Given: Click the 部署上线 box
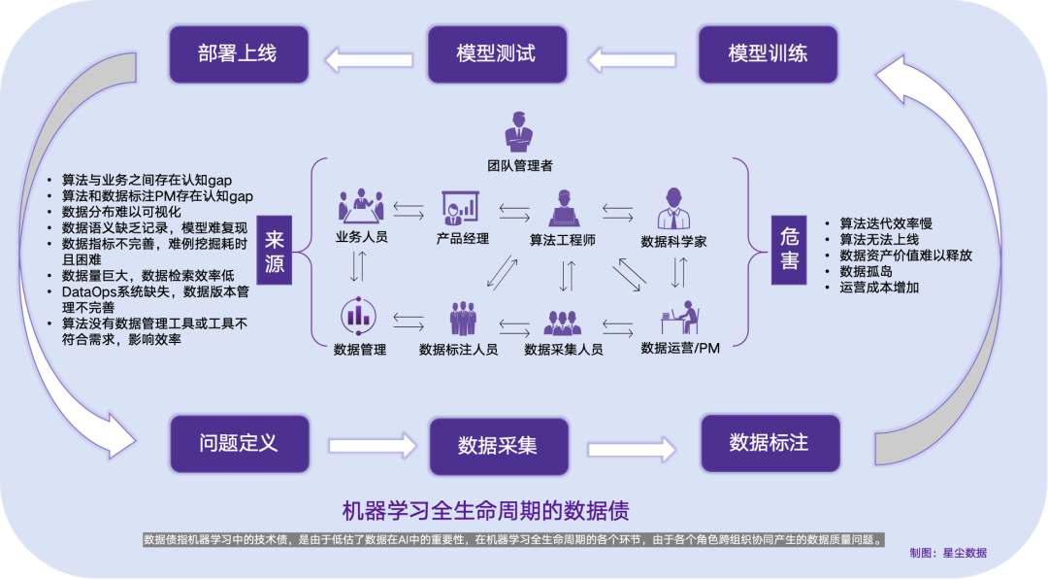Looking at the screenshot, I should [x=239, y=53].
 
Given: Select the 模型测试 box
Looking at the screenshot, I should [x=496, y=53].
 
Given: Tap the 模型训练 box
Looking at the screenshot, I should [x=768, y=53].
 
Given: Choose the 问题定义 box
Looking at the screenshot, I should [x=239, y=444].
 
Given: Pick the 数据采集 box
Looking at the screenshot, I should [x=497, y=446].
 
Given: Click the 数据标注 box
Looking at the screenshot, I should [x=769, y=443].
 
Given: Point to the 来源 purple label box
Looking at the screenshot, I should [x=276, y=250].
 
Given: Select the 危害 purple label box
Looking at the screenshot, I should [x=789, y=250].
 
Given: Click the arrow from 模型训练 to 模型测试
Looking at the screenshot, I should [x=632, y=60].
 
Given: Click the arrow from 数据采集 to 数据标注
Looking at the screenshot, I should [x=632, y=449].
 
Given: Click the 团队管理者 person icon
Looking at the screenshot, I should [x=519, y=133].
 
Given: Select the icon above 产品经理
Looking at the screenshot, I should [x=460, y=207].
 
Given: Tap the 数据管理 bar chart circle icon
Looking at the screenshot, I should [x=358, y=316].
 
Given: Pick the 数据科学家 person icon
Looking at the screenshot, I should [x=674, y=208].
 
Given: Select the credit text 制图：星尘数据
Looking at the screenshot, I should [x=947, y=552].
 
